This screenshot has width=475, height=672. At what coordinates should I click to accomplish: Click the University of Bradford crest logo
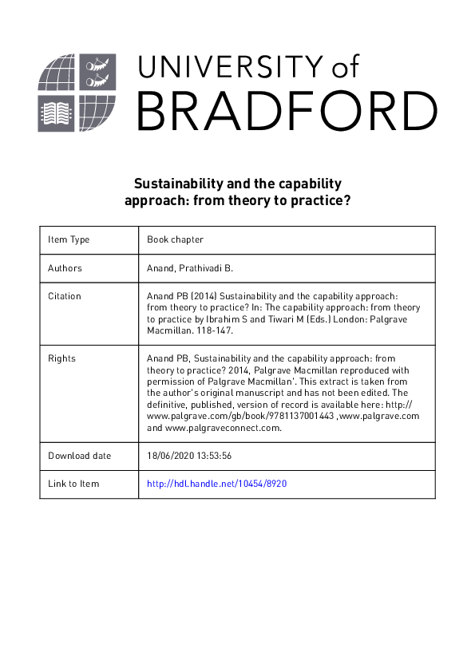77,93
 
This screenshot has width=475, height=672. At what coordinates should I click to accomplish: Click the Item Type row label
69,239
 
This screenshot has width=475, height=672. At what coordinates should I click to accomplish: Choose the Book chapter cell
175,239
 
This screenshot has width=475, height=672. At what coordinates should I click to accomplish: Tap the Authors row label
65,268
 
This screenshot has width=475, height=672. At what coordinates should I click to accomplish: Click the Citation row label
65,296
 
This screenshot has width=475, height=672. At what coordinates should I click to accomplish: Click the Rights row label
61,358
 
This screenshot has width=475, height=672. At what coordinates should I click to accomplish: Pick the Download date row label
80,456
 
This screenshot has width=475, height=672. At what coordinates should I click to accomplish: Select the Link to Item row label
74,484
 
